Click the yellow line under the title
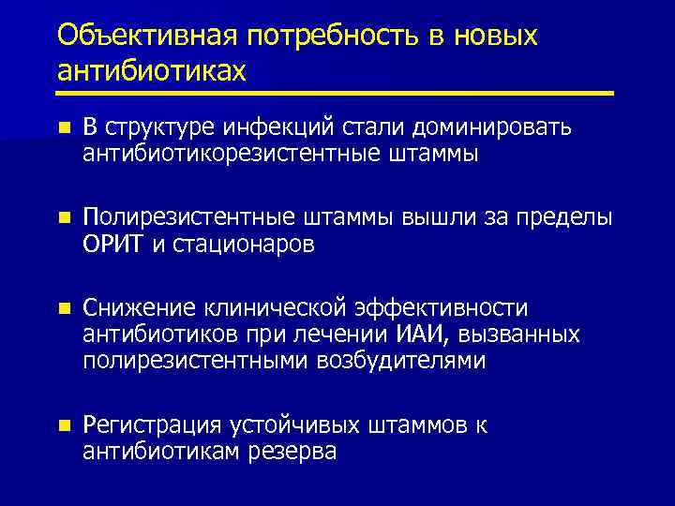click(335, 93)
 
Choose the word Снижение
click(139, 308)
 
